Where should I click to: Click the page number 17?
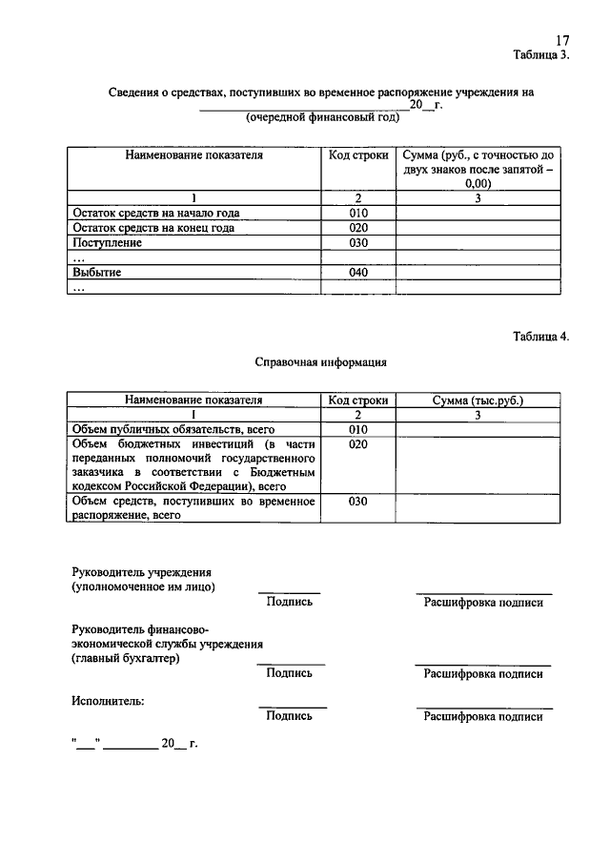tap(562, 40)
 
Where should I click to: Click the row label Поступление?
tap(107, 243)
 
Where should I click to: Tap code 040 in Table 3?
tap(358, 273)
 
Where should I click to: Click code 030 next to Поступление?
tap(358, 243)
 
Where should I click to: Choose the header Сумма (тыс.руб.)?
tap(478, 401)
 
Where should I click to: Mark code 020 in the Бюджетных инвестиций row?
tap(358, 445)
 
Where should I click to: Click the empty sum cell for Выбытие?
tap(478, 273)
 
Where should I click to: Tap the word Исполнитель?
tap(109, 701)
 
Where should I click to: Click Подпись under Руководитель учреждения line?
tap(290, 602)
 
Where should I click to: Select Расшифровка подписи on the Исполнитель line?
tap(483, 716)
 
